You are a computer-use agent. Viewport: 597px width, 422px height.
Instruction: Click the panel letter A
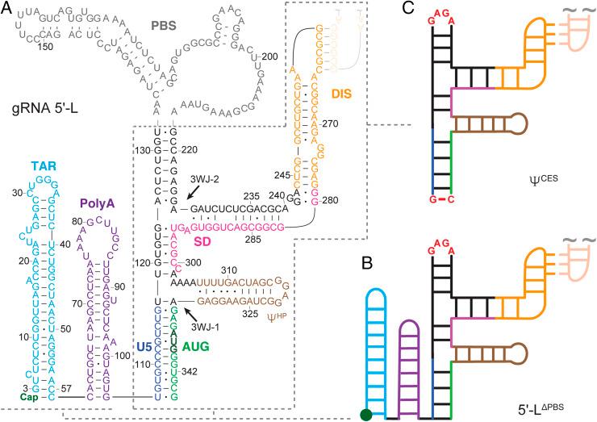click(x=7, y=9)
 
